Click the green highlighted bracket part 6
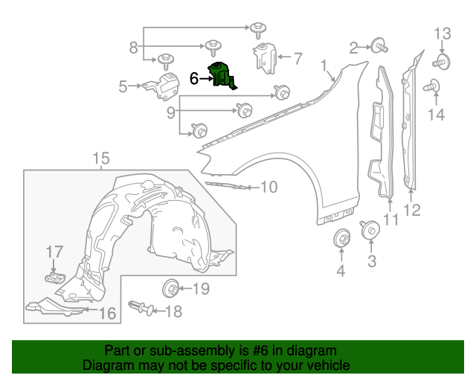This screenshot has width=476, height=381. tap(222, 76)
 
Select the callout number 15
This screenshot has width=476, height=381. tap(100, 158)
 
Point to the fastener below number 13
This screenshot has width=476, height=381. tap(442, 60)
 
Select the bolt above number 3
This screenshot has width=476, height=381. tap(370, 231)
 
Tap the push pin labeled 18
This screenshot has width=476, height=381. tap(139, 306)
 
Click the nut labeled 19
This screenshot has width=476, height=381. tap(170, 288)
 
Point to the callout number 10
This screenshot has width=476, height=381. tap(268, 187)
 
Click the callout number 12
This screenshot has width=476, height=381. tap(412, 211)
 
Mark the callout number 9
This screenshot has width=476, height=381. tap(170, 112)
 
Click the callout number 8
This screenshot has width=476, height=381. tap(133, 48)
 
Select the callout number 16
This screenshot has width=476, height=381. tap(108, 314)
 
